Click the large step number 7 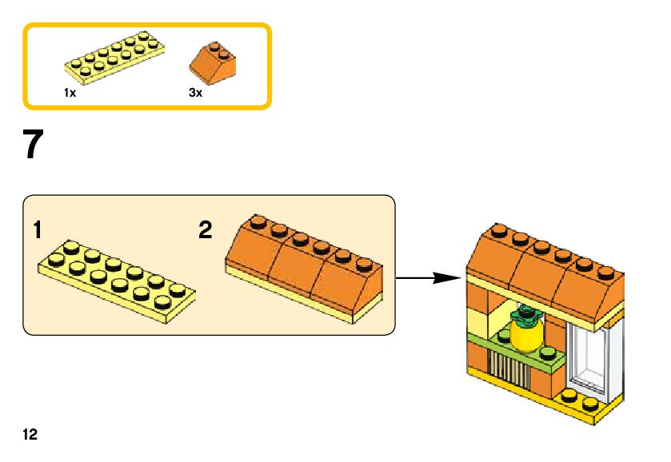click(31, 145)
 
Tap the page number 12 click(30, 435)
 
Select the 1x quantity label click(70, 93)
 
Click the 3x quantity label click(196, 93)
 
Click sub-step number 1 click(37, 231)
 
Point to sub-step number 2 click(206, 231)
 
